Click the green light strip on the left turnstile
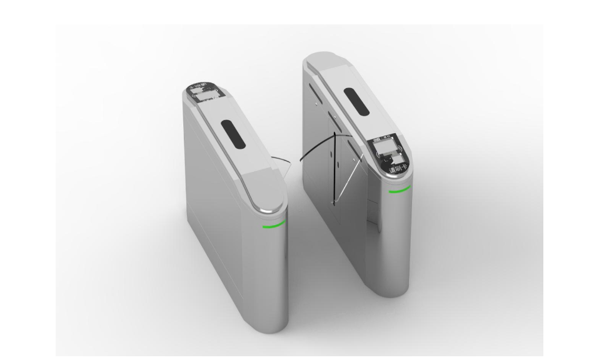point(273,224)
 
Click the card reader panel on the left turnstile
point(204,94)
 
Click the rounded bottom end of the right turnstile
point(398,284)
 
